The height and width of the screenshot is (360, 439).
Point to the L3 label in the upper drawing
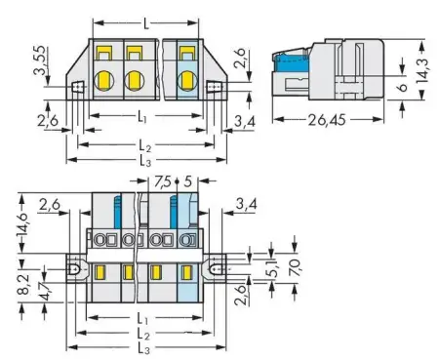[x=146, y=158]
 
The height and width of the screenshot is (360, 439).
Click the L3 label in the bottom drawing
[x=146, y=347]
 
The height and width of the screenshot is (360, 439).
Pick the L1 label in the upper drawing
[x=146, y=117]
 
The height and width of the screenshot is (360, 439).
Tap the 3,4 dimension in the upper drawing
[x=250, y=120]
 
